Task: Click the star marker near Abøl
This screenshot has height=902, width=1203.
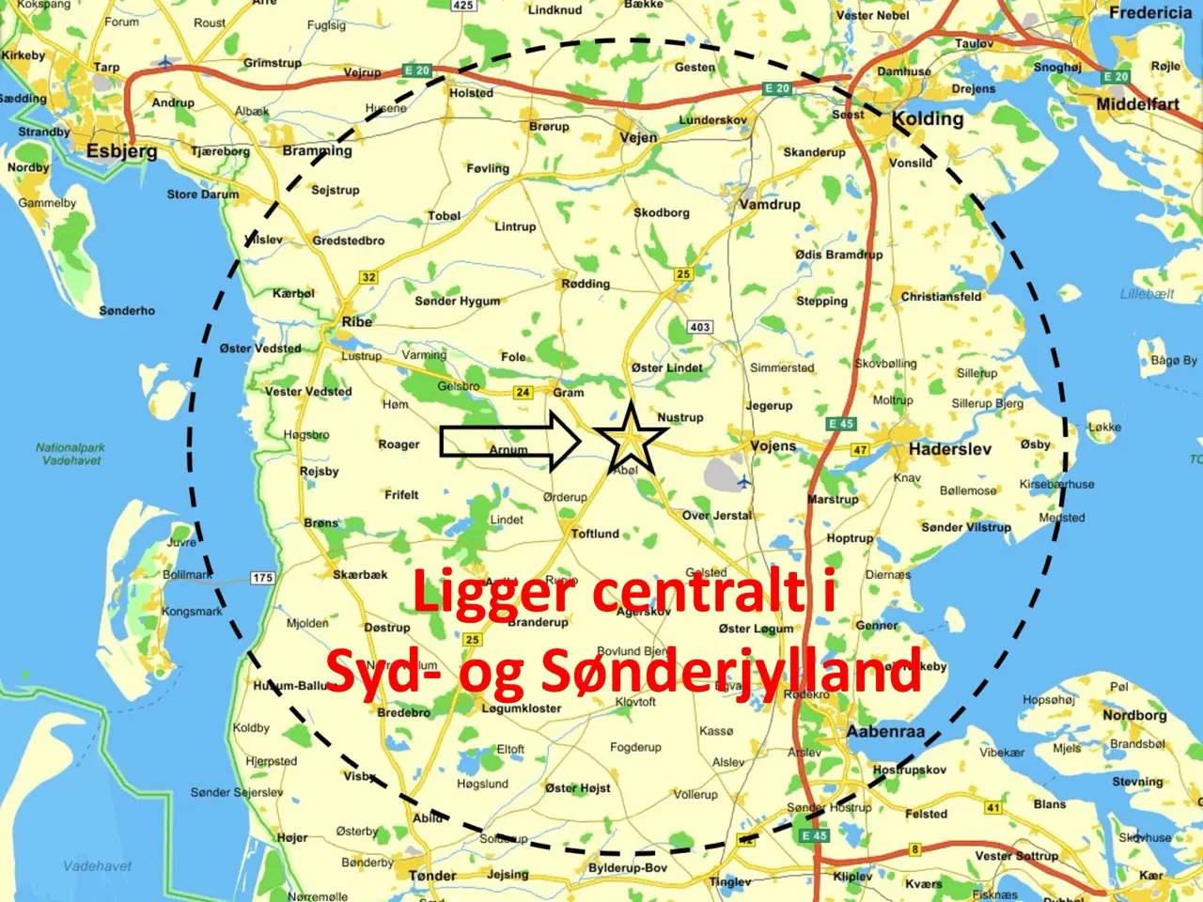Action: coord(631,438)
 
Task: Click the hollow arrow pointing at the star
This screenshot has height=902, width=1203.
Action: coord(510,440)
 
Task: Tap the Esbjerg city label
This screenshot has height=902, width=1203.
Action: coord(122,151)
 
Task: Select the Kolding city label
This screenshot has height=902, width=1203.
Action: coord(928,119)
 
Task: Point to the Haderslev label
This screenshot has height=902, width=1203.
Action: coord(949,449)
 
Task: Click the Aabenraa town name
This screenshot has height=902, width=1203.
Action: coord(885,731)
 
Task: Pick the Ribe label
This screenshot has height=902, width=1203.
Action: coord(356,321)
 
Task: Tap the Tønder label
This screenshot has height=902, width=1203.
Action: coord(432,876)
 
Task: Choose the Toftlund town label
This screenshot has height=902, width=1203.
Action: coord(595,534)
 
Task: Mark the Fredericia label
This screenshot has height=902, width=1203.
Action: coord(1149,13)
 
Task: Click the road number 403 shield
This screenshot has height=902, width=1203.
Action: coord(699,327)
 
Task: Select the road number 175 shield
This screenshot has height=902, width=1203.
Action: coord(262,578)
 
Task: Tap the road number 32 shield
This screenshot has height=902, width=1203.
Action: coord(368,277)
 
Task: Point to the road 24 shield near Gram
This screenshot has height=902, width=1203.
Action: coord(523,393)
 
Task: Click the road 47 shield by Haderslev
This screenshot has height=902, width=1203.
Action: coord(860,450)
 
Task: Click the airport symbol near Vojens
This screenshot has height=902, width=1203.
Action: coord(744,482)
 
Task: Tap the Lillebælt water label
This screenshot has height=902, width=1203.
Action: coord(1147,294)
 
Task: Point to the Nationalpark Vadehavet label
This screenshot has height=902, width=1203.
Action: coord(71,454)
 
